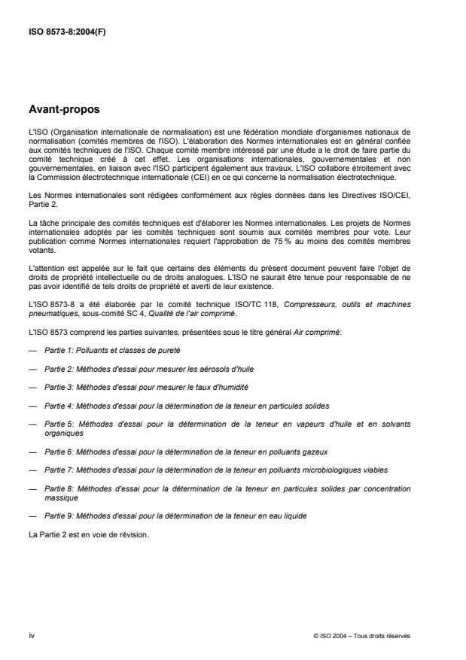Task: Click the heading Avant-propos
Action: click(63, 109)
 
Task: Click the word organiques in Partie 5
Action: click(63, 433)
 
